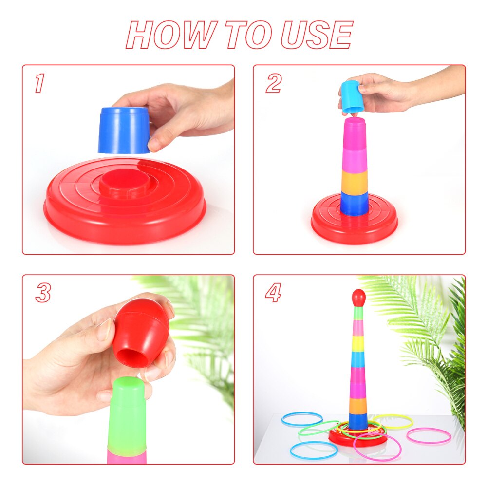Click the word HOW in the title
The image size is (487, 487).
(170, 35)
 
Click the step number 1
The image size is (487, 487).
(39, 84)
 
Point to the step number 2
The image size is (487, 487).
(273, 84)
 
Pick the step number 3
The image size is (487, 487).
(43, 293)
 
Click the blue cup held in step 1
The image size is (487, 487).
(124, 130)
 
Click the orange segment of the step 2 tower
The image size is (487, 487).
(354, 181)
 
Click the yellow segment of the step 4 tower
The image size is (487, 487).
(358, 344)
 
